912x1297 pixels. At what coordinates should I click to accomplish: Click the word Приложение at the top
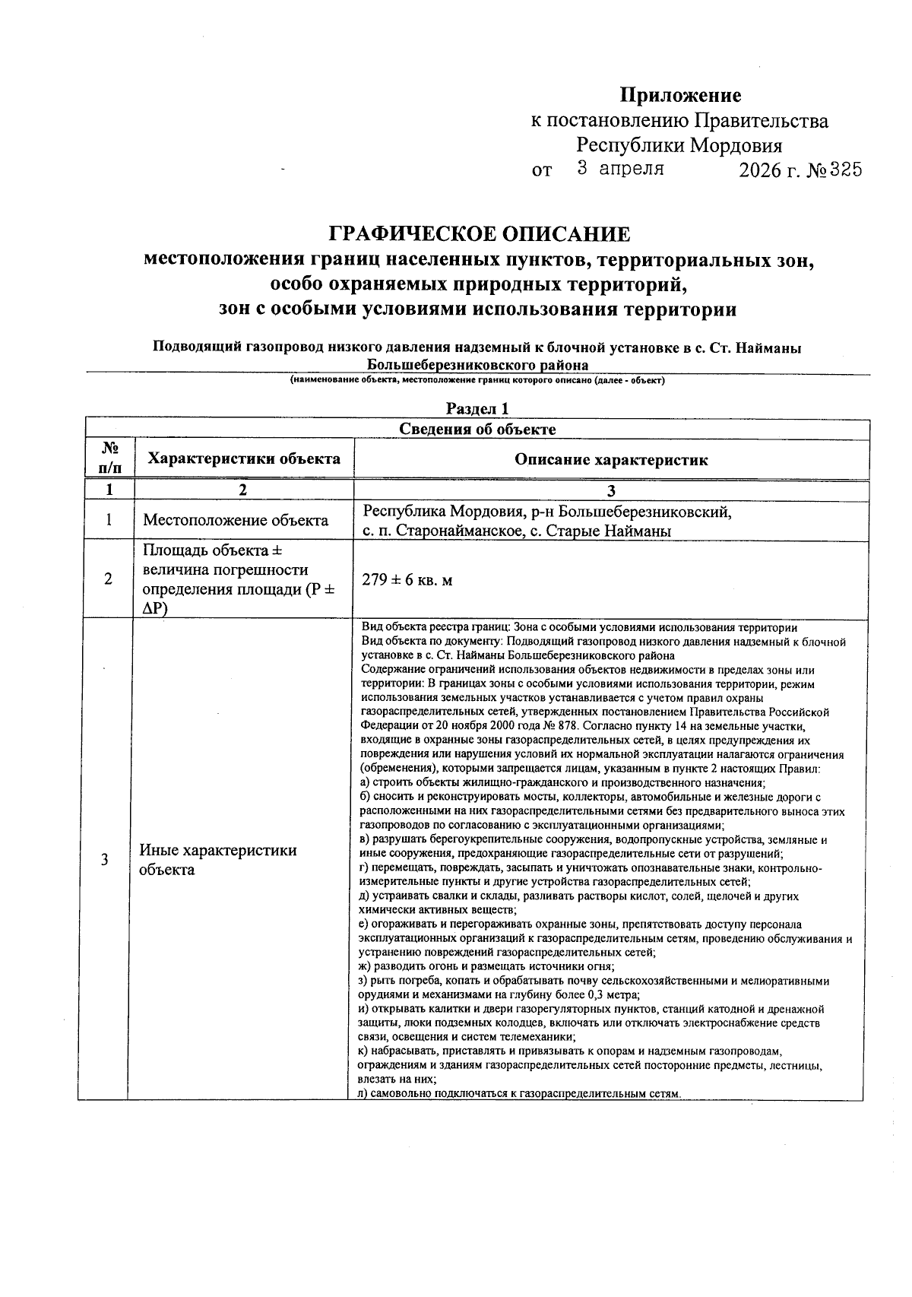click(x=679, y=96)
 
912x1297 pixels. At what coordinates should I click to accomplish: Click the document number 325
click(x=845, y=170)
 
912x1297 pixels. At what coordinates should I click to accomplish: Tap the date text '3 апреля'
click(x=620, y=169)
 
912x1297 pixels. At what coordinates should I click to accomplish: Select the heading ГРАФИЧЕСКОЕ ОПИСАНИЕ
click(x=479, y=233)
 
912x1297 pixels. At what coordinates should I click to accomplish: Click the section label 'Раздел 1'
click(x=477, y=409)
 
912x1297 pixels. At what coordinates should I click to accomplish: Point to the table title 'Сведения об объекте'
click(x=477, y=430)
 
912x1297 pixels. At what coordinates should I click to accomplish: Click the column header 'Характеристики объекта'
click(x=244, y=458)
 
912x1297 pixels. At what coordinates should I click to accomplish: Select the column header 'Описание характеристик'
click(x=611, y=459)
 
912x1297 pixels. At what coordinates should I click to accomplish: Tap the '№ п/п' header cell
click(x=109, y=458)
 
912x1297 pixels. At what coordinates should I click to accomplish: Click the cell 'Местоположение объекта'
click(x=236, y=521)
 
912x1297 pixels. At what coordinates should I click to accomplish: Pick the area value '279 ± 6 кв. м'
click(x=407, y=580)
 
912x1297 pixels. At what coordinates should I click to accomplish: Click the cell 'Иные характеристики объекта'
click(x=218, y=860)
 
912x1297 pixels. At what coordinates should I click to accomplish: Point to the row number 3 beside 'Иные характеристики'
click(x=105, y=860)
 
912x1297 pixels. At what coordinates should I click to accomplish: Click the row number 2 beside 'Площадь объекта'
click(x=109, y=579)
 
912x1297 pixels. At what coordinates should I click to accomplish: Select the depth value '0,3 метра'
click(x=614, y=995)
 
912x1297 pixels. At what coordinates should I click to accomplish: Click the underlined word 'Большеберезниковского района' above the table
click(x=477, y=364)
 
